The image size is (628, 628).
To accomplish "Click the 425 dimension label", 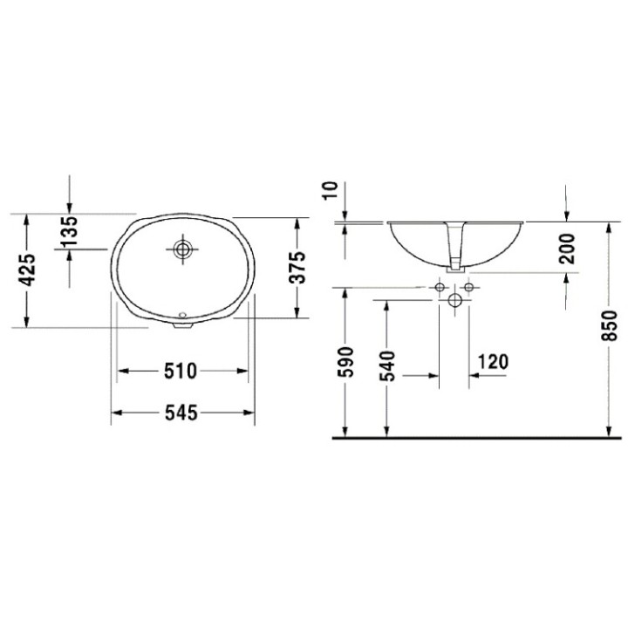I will click(x=29, y=270).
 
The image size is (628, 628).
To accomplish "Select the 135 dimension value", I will click(x=70, y=230).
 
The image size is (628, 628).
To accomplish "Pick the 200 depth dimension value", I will click(x=567, y=248).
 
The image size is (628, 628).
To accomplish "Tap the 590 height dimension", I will click(x=346, y=362).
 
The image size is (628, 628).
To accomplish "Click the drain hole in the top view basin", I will click(x=182, y=250).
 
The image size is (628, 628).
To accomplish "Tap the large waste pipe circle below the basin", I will click(x=454, y=301).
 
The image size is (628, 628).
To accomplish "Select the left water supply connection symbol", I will click(x=438, y=286).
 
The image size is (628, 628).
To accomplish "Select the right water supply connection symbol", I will click(x=469, y=286).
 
